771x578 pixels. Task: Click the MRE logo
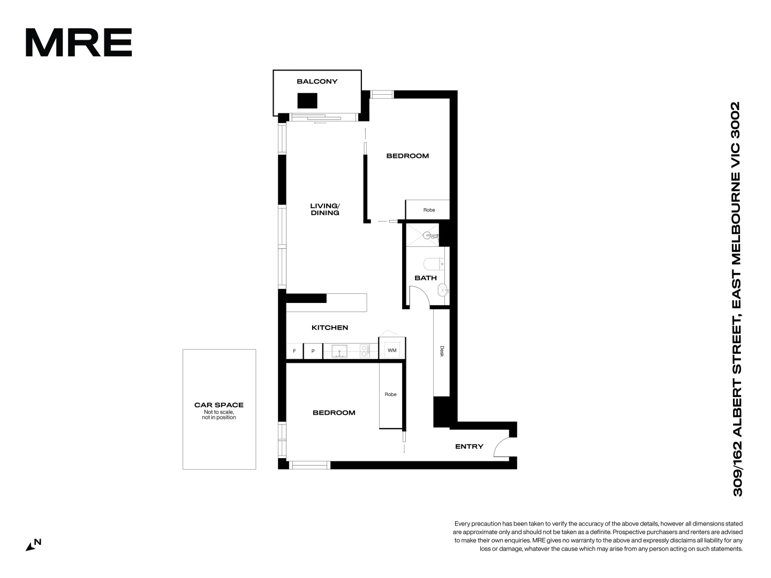pos(79,42)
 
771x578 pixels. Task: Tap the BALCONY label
pos(317,81)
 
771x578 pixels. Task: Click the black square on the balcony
pos(307,101)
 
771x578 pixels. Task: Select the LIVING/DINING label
pos(325,209)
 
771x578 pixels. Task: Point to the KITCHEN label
pos(330,328)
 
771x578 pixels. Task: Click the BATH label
pos(426,278)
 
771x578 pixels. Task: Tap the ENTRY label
pos(469,446)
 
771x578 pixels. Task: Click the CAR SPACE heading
pos(219,405)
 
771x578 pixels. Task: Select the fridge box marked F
pos(294,351)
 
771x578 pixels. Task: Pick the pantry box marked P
pos(313,351)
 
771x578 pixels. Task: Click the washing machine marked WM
pos(392,351)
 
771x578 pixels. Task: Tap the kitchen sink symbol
pos(339,351)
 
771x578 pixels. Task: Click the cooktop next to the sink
pos(365,351)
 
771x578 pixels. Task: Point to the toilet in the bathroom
pos(433,264)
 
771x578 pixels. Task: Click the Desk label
pos(442,352)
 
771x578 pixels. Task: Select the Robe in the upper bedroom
pos(429,210)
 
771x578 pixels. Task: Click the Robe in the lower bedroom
pos(390,394)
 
